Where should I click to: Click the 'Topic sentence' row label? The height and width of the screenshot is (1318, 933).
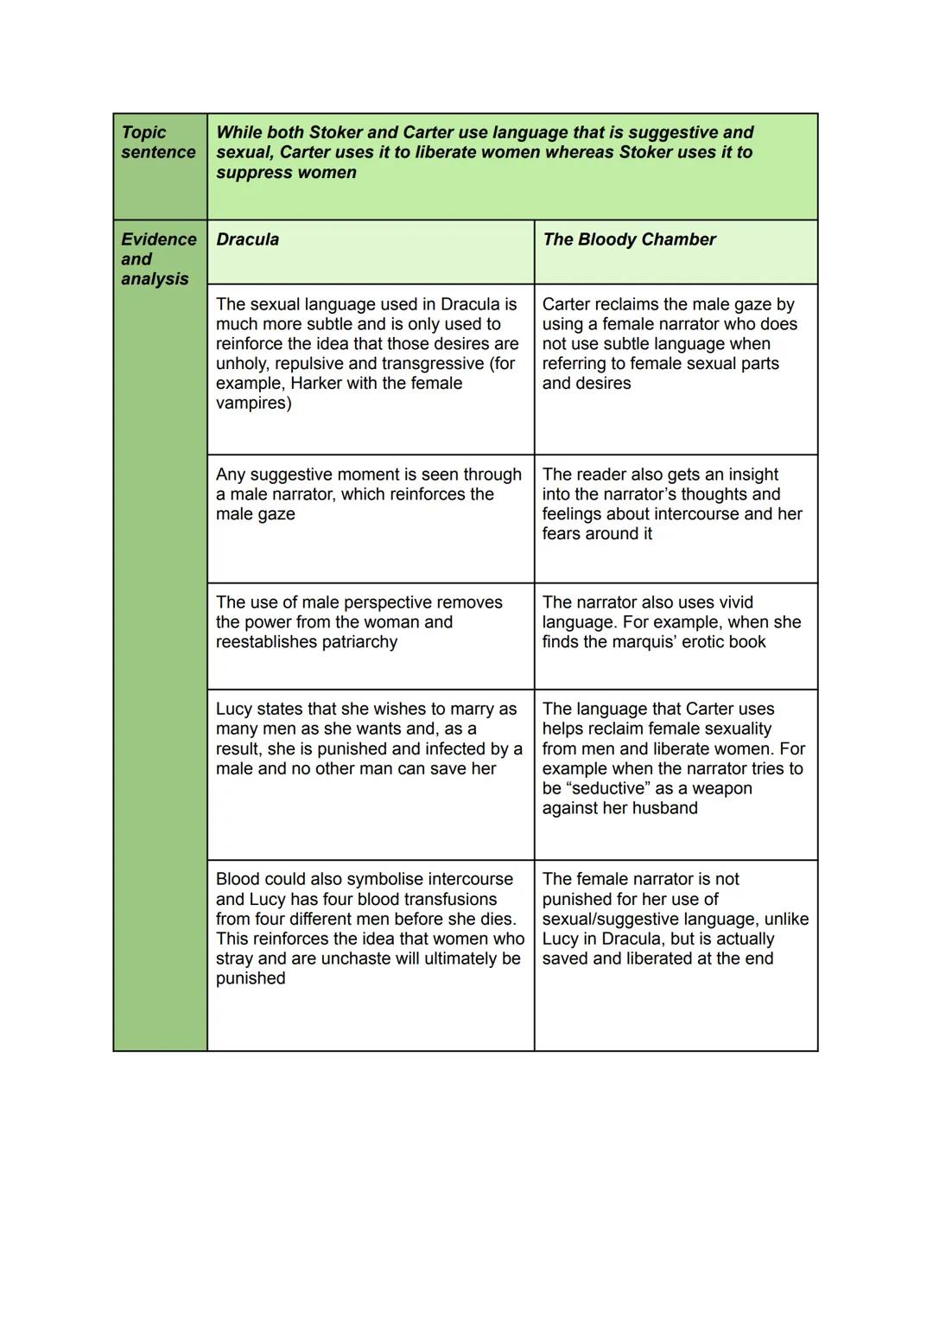pos(158,143)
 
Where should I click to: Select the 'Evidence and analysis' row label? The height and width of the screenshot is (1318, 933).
pos(158,258)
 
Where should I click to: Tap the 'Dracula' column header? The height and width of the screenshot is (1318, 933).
pos(247,239)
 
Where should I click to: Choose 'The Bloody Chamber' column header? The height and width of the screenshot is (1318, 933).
pos(629,239)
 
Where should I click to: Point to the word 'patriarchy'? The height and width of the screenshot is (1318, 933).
pos(356,642)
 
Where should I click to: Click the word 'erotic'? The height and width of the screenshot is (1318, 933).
pos(702,642)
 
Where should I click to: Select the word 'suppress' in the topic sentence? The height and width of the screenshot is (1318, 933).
pos(251,172)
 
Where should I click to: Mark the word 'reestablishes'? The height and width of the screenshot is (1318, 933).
pos(268,642)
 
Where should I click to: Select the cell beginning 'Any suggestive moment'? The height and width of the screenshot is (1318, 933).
pos(370,518)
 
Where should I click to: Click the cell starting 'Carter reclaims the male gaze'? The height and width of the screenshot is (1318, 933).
pos(675,368)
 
